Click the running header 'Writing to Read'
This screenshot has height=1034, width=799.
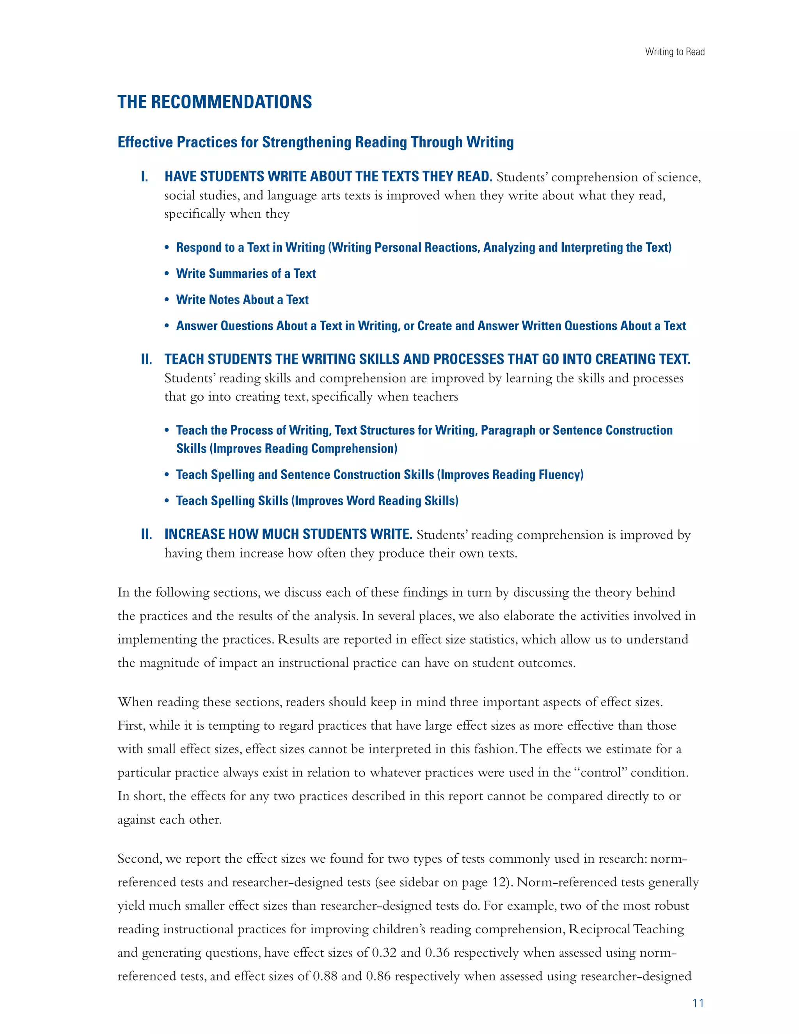674,52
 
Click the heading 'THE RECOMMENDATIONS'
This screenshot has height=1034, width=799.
215,102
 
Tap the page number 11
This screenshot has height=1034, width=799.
698,1003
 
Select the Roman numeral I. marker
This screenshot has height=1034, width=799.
144,177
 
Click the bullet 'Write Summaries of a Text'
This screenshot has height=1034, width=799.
246,274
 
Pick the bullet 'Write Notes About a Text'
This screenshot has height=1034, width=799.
242,300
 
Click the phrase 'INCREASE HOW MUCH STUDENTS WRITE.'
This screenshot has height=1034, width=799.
288,535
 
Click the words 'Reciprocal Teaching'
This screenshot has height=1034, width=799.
626,929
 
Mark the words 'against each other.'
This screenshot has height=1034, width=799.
169,819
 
